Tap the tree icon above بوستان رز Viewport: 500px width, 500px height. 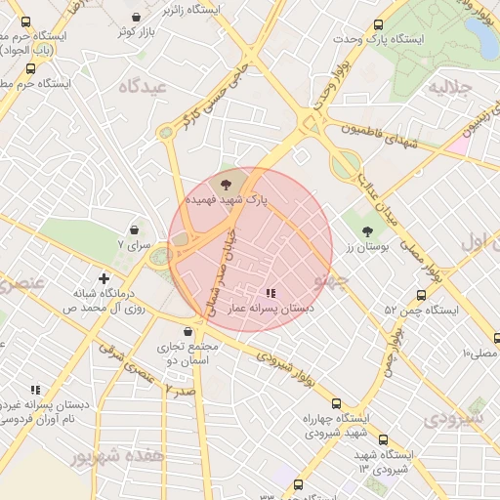[x=367, y=232]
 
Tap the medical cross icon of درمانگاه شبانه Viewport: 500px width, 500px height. [x=104, y=278]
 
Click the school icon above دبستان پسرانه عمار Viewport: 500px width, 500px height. [x=271, y=292]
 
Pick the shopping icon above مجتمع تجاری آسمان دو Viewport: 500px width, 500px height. [x=187, y=332]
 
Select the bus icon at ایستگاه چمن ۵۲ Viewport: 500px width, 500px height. [x=421, y=295]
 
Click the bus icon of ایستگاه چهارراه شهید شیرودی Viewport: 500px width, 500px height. [x=337, y=403]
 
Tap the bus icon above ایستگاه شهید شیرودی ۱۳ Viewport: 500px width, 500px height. [x=383, y=440]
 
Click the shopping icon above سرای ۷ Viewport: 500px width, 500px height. [x=134, y=229]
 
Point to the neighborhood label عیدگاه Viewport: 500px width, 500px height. [x=144, y=86]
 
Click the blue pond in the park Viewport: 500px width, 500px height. [x=481, y=36]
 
